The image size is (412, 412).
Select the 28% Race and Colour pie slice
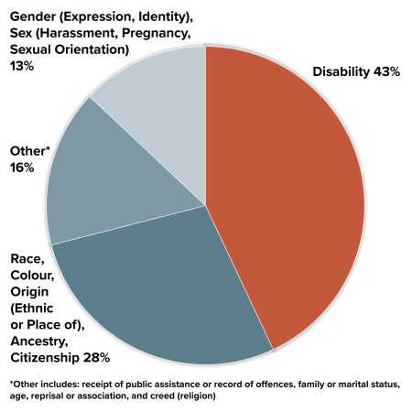(165, 293)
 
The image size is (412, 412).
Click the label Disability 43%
(356, 71)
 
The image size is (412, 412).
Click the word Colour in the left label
(32, 276)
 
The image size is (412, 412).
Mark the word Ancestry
(40, 341)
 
